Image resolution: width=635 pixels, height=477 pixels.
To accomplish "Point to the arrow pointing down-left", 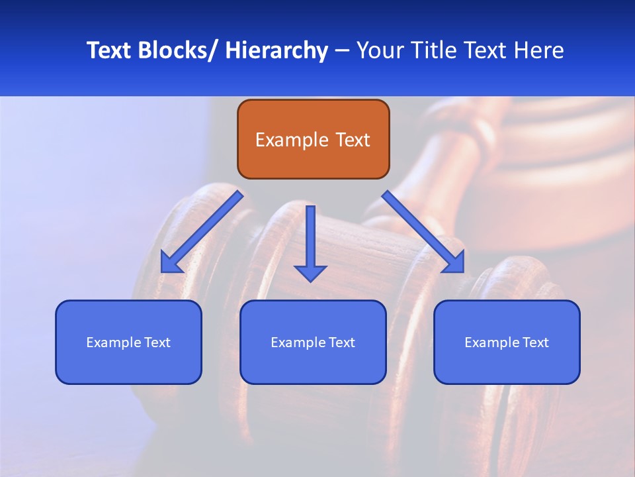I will click(x=202, y=232).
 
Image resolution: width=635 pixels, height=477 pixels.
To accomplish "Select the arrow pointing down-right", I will click(x=423, y=232).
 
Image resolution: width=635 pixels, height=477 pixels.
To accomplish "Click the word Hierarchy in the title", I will click(x=276, y=50).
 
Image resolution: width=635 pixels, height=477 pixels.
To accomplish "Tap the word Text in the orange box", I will click(x=351, y=140).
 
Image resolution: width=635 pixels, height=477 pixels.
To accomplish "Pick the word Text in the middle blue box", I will click(x=341, y=343).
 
